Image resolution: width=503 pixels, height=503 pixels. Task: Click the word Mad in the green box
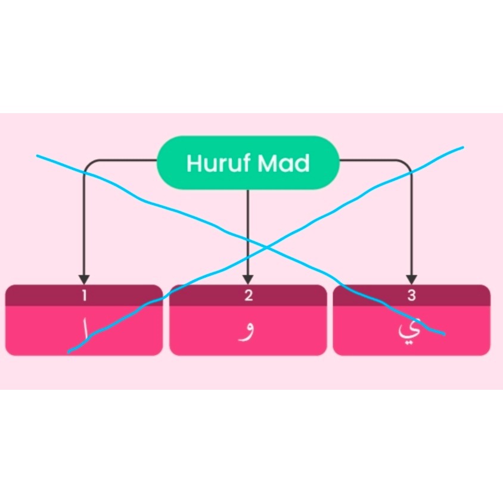tap(284, 163)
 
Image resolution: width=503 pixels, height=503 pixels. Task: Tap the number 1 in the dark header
tap(85, 296)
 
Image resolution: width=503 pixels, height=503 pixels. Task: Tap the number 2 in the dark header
tap(249, 296)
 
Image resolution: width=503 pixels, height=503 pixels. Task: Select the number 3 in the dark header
tap(412, 296)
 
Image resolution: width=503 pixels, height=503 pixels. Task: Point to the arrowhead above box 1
tap(84, 280)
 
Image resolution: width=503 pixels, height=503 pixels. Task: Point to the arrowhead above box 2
tap(248, 280)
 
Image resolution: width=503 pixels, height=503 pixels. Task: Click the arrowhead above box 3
tap(412, 280)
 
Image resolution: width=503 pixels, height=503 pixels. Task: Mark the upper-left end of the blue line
tap(38, 156)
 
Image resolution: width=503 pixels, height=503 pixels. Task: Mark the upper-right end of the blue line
tap(462, 148)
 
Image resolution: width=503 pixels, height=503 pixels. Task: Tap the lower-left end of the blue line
tap(69, 352)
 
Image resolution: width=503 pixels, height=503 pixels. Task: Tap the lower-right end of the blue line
tap(444, 334)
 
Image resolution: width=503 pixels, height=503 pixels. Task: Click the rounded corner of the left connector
tap(87, 163)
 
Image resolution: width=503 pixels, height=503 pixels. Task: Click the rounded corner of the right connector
tap(408, 163)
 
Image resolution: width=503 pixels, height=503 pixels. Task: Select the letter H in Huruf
tap(194, 163)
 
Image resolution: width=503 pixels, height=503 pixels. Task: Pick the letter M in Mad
tap(267, 163)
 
